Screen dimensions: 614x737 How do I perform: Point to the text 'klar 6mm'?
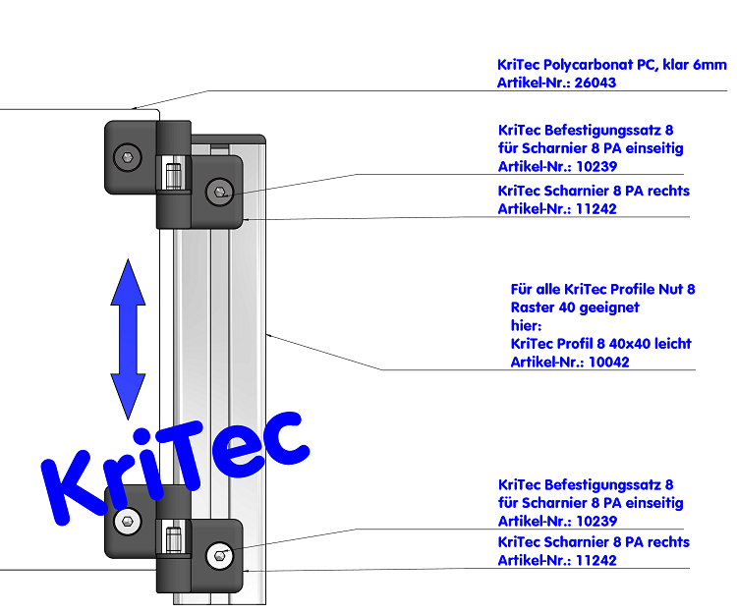[698, 65]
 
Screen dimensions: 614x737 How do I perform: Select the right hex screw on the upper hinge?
[218, 193]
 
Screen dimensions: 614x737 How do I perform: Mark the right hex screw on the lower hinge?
[218, 556]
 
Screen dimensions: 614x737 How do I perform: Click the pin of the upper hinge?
[174, 177]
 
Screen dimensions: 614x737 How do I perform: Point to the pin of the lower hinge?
[174, 541]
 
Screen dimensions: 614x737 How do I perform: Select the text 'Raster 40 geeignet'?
[575, 307]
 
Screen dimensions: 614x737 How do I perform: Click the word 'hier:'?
[527, 325]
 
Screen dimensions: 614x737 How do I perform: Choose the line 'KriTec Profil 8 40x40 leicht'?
[600, 343]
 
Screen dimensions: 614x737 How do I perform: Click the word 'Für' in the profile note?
[521, 289]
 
